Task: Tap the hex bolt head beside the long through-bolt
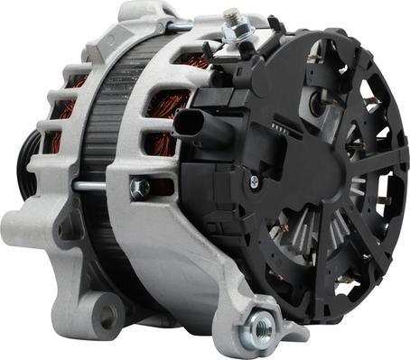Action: [139, 189]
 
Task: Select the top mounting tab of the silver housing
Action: [144, 14]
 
